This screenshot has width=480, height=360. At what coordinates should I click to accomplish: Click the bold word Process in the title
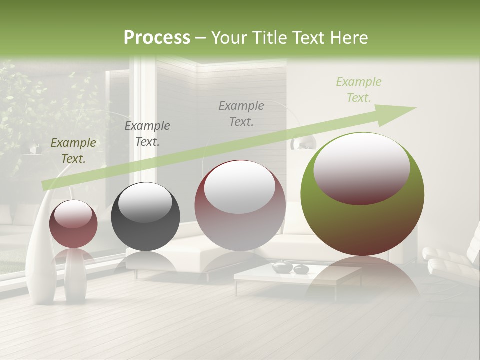[x=157, y=37]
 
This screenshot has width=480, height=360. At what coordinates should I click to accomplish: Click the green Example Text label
[x=358, y=90]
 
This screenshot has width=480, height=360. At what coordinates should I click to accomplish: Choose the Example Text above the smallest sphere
[x=73, y=150]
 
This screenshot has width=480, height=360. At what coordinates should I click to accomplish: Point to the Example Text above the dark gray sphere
[x=147, y=133]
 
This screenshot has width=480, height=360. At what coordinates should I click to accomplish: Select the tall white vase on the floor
[x=42, y=250]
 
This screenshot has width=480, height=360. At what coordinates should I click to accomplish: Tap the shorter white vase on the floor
[x=75, y=277]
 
